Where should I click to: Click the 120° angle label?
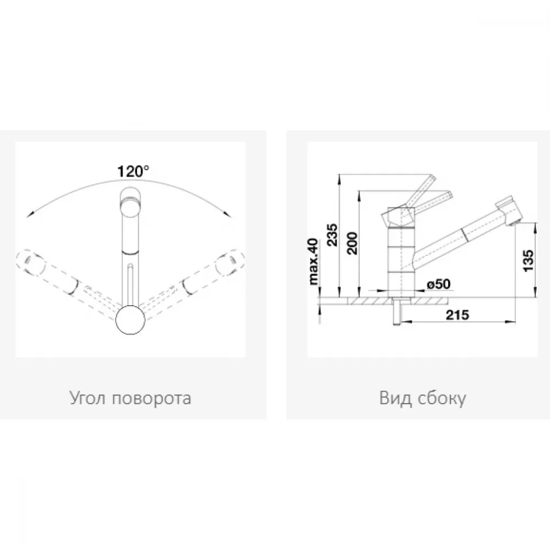point(133,172)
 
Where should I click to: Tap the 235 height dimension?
point(332,234)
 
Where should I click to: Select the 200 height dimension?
point(352,243)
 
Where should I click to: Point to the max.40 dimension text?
point(313,261)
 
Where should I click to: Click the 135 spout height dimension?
point(528,260)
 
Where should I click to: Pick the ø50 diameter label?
point(438,284)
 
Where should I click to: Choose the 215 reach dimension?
point(458,315)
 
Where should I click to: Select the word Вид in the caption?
point(395,398)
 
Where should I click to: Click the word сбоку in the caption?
point(442,398)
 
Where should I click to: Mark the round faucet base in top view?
point(130,319)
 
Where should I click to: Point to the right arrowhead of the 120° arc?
point(228,215)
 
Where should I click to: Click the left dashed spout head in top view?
point(31,262)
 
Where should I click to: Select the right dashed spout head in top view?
point(230,262)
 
